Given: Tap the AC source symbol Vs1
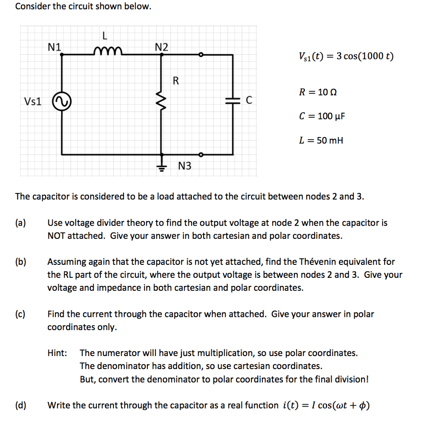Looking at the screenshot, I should tap(62, 101).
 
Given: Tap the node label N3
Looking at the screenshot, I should tap(184, 166).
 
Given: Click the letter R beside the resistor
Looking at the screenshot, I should tap(176, 81).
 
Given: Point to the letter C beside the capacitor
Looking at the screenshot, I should tap(249, 100).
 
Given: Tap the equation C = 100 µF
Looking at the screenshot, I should tap(322, 116).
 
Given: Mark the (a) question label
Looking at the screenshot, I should tap(21, 223).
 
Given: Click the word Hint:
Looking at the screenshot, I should tap(57, 353).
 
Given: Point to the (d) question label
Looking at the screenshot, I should tap(21, 405).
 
